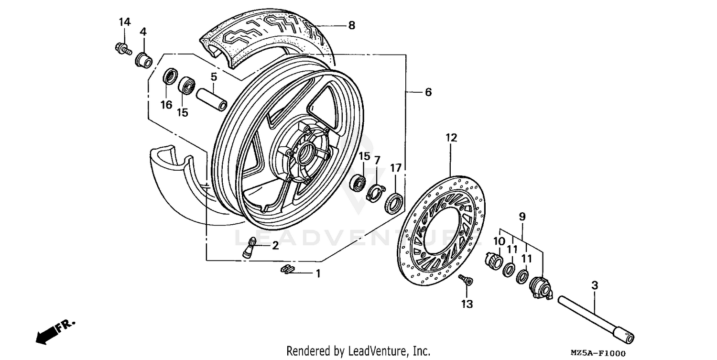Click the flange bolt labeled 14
pos(122,48)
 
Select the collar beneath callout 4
pos(143,61)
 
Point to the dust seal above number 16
pos(170,76)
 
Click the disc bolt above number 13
pos(465,280)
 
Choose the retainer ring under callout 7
pos(376,193)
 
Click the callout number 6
pos(428,92)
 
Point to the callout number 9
pos(522,217)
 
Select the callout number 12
pos(451,138)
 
